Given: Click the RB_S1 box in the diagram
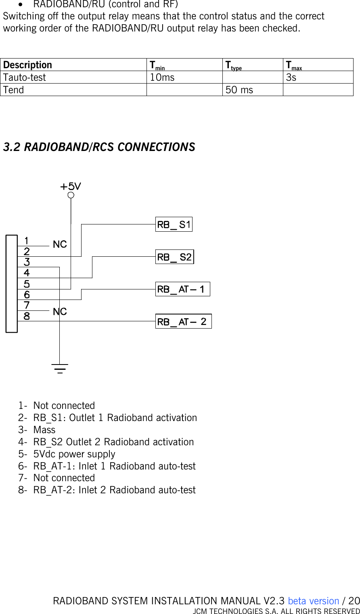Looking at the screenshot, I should (174, 224).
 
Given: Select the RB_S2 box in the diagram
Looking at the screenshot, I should (174, 257).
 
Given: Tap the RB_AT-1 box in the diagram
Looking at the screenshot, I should (182, 289).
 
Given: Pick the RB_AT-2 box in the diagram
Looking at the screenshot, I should (183, 322).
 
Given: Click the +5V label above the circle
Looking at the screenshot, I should (71, 187).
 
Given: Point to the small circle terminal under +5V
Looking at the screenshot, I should (71, 195).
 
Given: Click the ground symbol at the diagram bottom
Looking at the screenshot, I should (60, 368).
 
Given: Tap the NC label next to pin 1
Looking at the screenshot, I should (60, 245).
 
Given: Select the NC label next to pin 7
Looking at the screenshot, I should (60, 312).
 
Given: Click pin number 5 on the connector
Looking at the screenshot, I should (27, 284).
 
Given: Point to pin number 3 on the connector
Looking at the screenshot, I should (27, 262).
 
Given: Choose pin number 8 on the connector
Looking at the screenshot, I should (27, 316).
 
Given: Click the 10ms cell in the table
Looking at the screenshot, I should (162, 78).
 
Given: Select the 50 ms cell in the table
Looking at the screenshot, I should (239, 90).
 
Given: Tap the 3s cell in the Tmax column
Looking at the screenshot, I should (291, 78).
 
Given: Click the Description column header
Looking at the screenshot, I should (28, 65).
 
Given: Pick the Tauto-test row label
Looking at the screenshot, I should (25, 78).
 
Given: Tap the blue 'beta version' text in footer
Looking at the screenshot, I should (314, 601).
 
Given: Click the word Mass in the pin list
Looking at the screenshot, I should (44, 430).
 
